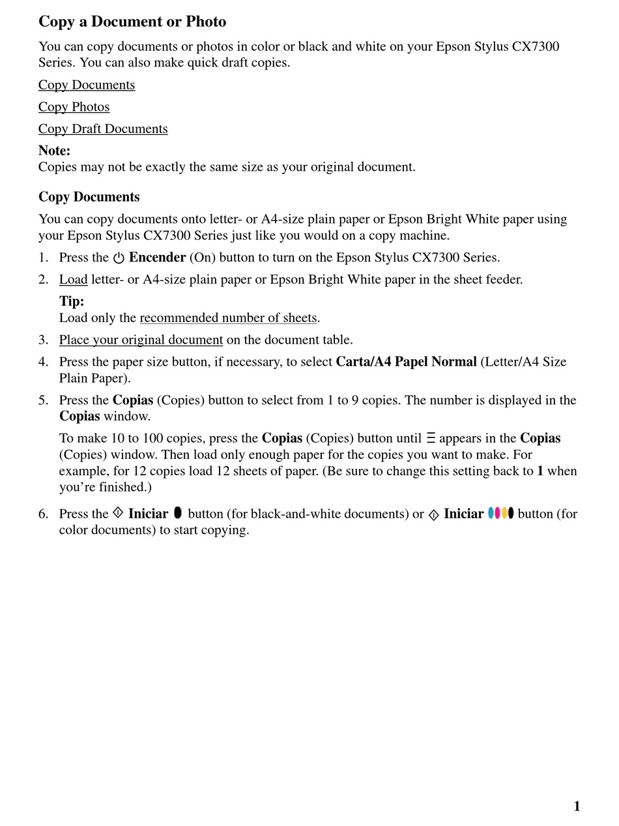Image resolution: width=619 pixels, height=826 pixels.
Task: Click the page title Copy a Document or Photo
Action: pyautogui.click(x=132, y=22)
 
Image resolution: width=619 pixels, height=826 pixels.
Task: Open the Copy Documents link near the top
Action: pyautogui.click(x=87, y=85)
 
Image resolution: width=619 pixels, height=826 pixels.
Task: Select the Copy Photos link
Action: pyautogui.click(x=74, y=107)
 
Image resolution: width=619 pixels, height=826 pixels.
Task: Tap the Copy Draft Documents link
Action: pyautogui.click(x=103, y=129)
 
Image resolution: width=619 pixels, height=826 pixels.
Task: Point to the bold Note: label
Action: pyautogui.click(x=54, y=151)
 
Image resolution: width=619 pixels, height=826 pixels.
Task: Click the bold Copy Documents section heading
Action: pyautogui.click(x=89, y=197)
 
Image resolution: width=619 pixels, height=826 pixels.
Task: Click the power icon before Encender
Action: pyautogui.click(x=119, y=258)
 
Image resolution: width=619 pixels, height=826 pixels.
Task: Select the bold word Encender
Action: pyautogui.click(x=157, y=258)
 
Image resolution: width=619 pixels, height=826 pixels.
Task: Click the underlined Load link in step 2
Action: pyautogui.click(x=73, y=280)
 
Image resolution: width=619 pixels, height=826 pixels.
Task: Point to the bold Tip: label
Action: pyautogui.click(x=72, y=301)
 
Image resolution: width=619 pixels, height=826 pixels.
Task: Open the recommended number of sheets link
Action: pyautogui.click(x=228, y=318)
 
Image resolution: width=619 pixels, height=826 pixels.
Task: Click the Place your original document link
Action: pyautogui.click(x=141, y=340)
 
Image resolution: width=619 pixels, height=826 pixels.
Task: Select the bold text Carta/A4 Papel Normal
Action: pyautogui.click(x=406, y=362)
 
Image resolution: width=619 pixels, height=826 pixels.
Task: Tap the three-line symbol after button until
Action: pyautogui.click(x=431, y=439)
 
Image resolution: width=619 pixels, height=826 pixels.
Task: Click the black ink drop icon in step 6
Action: pyautogui.click(x=178, y=513)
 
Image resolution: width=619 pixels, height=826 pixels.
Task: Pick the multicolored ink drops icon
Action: pyautogui.click(x=500, y=513)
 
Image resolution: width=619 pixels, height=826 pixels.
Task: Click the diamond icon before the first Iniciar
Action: pyautogui.click(x=118, y=513)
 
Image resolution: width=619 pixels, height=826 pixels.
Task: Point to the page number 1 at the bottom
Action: pyautogui.click(x=577, y=806)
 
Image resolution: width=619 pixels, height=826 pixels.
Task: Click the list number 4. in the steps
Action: pyautogui.click(x=43, y=362)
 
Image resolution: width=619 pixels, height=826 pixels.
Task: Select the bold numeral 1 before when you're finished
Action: pyautogui.click(x=540, y=471)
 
